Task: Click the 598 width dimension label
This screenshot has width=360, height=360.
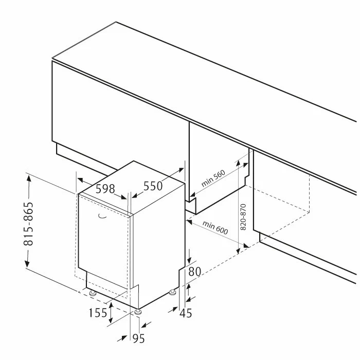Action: (x=105, y=189)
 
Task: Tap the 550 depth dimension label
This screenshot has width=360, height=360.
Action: (x=153, y=186)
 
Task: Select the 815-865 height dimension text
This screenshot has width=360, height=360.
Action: (x=29, y=224)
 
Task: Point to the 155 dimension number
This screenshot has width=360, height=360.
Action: (x=98, y=313)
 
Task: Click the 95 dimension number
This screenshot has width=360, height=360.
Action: (x=139, y=338)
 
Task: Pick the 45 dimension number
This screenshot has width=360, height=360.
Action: (x=186, y=313)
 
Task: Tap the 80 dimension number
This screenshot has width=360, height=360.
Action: (x=195, y=272)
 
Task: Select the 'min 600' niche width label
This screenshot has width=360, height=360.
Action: (x=215, y=227)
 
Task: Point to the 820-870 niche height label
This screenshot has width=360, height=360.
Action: (x=243, y=217)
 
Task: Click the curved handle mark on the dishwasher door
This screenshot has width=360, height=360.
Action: (x=102, y=216)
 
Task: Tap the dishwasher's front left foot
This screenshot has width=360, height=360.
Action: (x=93, y=293)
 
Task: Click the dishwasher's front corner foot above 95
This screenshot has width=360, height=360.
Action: (x=138, y=312)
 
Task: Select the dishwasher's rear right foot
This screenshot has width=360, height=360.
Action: (x=172, y=292)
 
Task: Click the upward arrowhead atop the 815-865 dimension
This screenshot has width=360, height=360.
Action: (x=29, y=178)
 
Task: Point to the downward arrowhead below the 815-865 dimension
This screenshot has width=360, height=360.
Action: (x=27, y=264)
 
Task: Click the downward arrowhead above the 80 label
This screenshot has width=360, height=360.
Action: (x=189, y=260)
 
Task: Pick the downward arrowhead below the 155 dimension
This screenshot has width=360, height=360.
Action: (x=111, y=320)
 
